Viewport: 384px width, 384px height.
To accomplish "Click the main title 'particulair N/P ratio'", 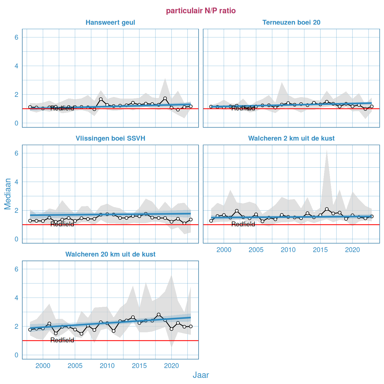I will [x=201, y=11].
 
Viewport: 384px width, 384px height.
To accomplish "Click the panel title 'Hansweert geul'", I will [x=110, y=23].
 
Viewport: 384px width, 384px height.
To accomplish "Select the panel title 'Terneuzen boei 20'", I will [x=291, y=23].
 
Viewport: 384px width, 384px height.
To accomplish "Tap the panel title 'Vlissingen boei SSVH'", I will [x=110, y=139].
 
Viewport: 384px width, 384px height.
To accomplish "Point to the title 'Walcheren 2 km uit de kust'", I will [x=291, y=139].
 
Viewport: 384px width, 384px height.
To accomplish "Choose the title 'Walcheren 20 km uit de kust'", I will [x=110, y=255].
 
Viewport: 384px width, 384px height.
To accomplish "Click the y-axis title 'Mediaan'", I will [x=8, y=194].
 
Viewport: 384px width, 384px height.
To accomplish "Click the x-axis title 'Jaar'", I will [x=201, y=375].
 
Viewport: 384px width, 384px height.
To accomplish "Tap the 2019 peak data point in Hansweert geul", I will [x=165, y=98].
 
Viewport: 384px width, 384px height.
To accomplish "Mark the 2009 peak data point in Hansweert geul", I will [x=101, y=99].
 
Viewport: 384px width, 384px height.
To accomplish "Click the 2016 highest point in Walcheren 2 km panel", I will [x=327, y=209].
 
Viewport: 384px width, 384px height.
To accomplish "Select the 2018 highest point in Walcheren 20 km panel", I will [x=159, y=315].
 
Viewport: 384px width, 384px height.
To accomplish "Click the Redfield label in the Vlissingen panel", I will [x=62, y=224].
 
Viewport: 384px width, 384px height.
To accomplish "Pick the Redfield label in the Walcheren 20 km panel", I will [x=62, y=340].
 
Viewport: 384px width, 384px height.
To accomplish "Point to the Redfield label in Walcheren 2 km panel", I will [x=243, y=224].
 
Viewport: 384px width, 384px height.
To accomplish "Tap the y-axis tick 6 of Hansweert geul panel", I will [x=17, y=37].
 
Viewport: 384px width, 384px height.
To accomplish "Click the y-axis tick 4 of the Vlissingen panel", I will [x=17, y=182].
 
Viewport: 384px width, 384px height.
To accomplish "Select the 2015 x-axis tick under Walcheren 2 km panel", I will [x=320, y=250].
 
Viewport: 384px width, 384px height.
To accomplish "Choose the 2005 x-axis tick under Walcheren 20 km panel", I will [x=75, y=366].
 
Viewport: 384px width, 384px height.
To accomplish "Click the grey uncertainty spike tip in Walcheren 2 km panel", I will [x=327, y=150].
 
